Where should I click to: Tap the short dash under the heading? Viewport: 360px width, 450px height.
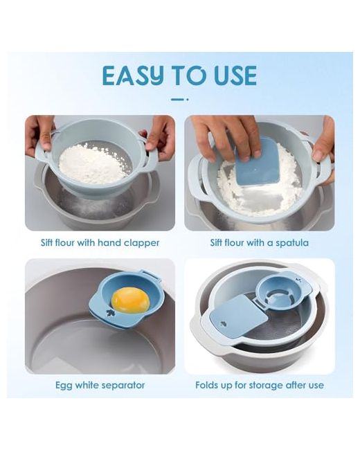tap(179, 99)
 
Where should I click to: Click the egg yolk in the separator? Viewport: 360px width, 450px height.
tap(131, 301)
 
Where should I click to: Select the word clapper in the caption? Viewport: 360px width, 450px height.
tap(141, 243)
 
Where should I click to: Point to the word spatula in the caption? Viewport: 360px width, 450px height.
tap(292, 243)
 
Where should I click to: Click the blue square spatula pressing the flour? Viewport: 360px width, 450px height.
tap(258, 164)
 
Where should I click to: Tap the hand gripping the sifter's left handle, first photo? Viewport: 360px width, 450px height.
tap(40, 135)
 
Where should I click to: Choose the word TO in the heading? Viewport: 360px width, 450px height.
tap(189, 75)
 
